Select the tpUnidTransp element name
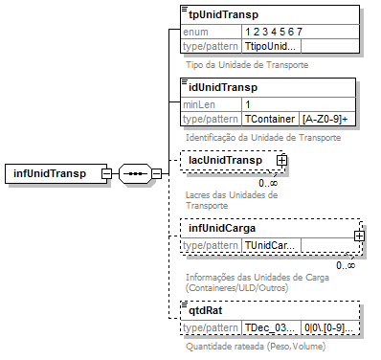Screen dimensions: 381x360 click(223, 15)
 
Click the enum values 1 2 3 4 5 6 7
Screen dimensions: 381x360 click(273, 32)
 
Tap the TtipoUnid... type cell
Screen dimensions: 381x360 click(271, 46)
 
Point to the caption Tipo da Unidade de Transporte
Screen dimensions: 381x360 click(247, 65)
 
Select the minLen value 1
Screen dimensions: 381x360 click(248, 104)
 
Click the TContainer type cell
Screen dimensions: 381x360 click(270, 119)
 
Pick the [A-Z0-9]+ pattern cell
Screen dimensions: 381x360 click(326, 119)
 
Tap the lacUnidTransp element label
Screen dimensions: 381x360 click(226, 159)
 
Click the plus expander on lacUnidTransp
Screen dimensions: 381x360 click(283, 161)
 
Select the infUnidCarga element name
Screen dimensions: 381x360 click(227, 228)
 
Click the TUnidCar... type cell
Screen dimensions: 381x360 click(271, 245)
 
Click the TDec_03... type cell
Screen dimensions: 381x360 click(270, 327)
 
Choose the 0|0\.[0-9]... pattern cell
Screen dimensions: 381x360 click(328, 327)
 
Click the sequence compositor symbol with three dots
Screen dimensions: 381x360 click(134, 174)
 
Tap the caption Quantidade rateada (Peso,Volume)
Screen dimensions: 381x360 click(256, 346)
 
